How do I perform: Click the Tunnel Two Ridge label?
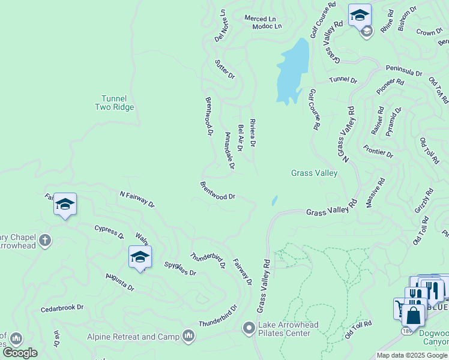(x=114, y=103)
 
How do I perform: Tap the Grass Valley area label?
(x=314, y=173)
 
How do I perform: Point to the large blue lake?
(x=292, y=71)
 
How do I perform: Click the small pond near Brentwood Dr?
(x=274, y=200)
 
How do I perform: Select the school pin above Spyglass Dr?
(x=140, y=257)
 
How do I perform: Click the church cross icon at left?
(x=44, y=241)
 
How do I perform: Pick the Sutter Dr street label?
(x=225, y=70)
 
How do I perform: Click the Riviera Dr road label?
(x=253, y=133)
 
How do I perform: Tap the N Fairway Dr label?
(x=137, y=199)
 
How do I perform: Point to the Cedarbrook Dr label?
(x=62, y=308)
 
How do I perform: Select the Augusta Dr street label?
(x=119, y=281)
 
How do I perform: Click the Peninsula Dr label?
(x=404, y=72)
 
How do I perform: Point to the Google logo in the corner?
(x=20, y=353)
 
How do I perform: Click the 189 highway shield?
(x=406, y=331)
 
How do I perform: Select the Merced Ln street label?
(x=259, y=18)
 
